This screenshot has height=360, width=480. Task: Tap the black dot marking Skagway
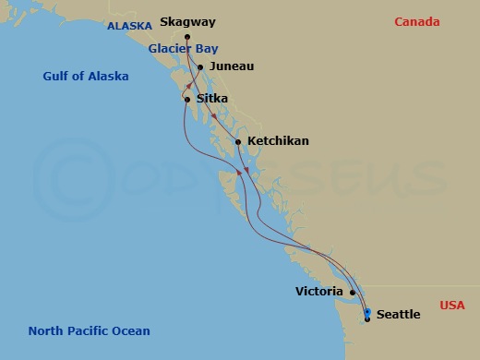187,38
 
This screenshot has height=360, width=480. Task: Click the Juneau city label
232,66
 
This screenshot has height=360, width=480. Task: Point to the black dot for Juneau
200,66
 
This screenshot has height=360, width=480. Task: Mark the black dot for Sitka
187,99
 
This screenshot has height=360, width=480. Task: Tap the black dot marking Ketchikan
238,141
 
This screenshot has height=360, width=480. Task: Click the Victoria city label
319,292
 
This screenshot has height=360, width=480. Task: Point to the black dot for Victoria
353,292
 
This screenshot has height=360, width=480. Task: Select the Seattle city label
399,315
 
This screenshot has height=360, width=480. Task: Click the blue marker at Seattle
367,312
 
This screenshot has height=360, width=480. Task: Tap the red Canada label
417,22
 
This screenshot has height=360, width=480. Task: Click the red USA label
452,305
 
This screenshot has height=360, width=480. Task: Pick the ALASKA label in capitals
129,27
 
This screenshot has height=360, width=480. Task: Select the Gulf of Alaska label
85,77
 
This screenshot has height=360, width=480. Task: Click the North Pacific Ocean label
89,330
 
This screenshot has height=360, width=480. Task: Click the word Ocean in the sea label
131,330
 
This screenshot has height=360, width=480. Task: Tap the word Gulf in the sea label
56,77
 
